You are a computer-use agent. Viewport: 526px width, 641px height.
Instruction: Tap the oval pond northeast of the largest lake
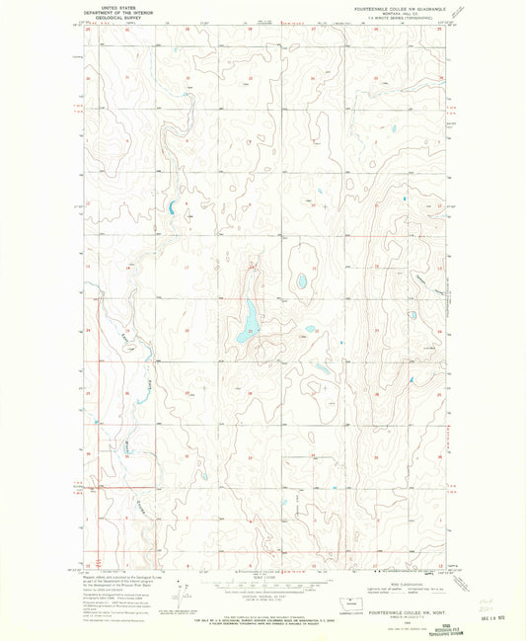click(301, 282)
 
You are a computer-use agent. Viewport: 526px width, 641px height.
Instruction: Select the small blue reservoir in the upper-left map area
click(172, 207)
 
